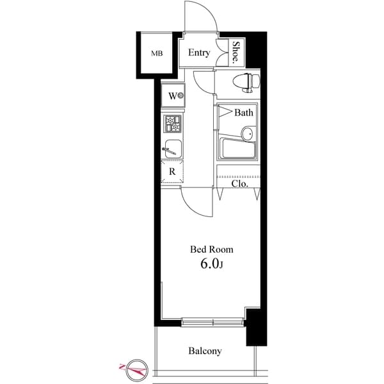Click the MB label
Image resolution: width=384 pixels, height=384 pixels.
156,54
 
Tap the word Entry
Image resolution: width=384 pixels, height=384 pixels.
199,53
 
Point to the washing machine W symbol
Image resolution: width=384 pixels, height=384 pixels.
174,97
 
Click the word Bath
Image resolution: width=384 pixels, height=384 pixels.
244,113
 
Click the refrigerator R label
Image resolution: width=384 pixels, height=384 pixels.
172,172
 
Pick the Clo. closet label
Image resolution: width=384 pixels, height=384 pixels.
239,183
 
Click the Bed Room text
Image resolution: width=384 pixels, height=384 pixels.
212,249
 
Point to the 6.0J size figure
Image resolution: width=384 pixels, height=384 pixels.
212,264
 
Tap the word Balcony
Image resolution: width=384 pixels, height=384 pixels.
205,351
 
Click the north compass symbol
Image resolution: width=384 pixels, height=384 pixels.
134,368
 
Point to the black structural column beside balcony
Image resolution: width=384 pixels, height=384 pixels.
255,326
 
